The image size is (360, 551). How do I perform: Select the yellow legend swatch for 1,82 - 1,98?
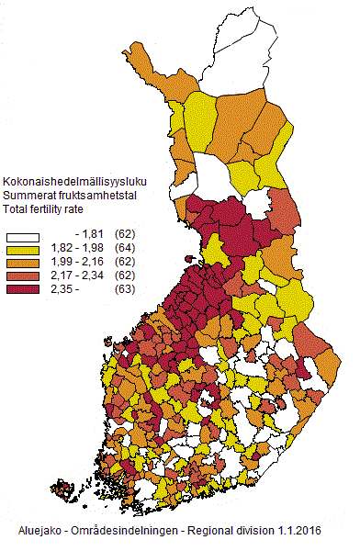(25, 250)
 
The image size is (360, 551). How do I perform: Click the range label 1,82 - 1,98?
(79, 250)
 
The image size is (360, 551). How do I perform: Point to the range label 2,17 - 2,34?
(79, 275)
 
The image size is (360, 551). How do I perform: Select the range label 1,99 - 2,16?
(79, 263)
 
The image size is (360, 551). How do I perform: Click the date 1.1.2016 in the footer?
(298, 532)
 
